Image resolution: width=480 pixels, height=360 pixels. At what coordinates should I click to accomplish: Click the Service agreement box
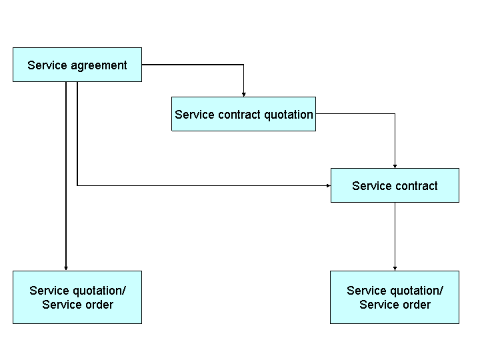point(77,65)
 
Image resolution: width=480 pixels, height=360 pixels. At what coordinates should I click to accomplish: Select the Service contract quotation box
point(243,114)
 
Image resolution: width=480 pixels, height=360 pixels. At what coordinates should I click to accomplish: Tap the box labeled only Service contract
point(395,185)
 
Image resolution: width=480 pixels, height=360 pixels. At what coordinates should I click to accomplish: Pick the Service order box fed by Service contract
point(395,297)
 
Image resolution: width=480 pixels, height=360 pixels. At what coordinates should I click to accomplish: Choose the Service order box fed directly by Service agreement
point(77,297)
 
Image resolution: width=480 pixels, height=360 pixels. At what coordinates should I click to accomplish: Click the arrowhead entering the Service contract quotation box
point(243,94)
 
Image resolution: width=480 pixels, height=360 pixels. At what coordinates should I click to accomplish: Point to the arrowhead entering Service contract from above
point(395,165)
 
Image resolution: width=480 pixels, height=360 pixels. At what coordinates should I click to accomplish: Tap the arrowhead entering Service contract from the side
point(328,185)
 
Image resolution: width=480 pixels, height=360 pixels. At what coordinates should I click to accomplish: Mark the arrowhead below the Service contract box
point(395,268)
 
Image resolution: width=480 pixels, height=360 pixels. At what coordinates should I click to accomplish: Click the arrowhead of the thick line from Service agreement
point(66,268)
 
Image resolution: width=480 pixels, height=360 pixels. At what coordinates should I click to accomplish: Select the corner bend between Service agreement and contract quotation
point(243,65)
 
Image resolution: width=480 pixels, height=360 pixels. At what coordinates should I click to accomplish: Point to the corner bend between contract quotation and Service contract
point(395,114)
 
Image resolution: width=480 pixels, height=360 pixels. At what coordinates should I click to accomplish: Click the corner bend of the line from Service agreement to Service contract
point(77,185)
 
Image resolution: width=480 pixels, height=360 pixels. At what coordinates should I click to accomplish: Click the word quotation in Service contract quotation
point(288,115)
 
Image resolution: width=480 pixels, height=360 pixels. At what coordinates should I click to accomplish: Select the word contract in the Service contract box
point(416,186)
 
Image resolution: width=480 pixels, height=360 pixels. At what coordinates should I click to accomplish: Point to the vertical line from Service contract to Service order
point(395,233)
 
